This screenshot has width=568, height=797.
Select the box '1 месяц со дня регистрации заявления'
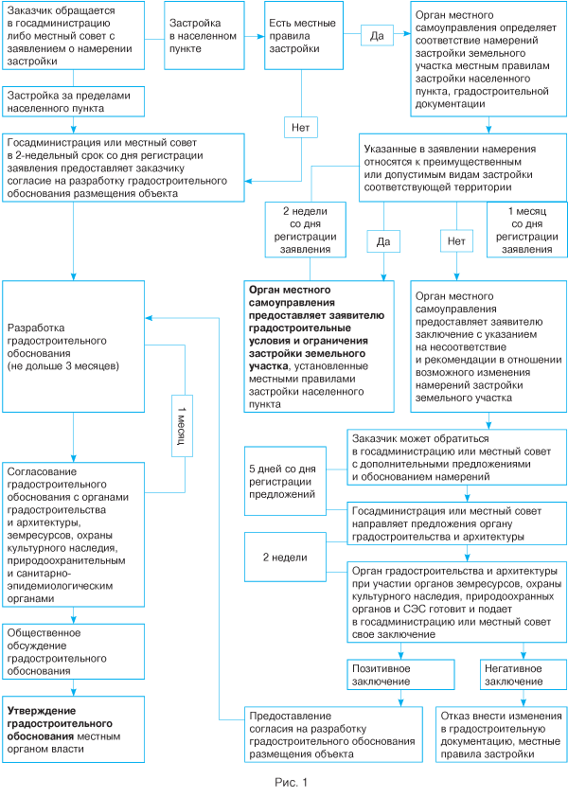525,230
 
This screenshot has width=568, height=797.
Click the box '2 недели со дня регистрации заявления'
299,230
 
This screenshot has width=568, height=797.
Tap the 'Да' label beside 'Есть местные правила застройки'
376,36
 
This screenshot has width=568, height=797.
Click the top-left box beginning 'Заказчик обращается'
74,35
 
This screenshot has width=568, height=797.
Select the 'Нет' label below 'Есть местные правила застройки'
299,126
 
